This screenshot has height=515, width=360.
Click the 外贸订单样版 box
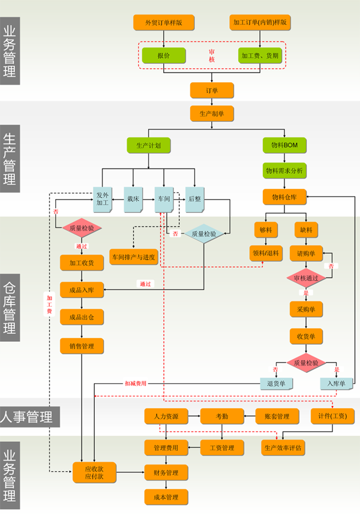(x=163, y=23)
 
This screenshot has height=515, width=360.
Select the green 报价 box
(x=163, y=56)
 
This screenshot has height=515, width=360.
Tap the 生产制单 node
(x=212, y=113)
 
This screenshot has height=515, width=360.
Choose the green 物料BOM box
(x=284, y=145)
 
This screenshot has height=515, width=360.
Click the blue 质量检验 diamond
(x=204, y=234)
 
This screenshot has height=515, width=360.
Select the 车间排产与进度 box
(x=133, y=258)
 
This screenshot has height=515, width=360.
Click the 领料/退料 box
(x=266, y=253)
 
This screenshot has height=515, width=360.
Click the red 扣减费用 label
(x=135, y=383)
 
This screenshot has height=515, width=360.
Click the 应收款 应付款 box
(x=94, y=472)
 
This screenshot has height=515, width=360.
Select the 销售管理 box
(x=82, y=346)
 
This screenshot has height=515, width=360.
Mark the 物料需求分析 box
(x=284, y=171)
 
